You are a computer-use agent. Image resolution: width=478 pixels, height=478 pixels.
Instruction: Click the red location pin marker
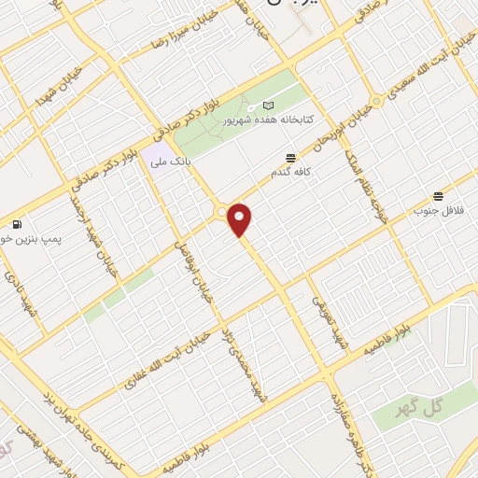(241, 220)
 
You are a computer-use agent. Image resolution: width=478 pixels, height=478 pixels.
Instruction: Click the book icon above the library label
(269, 105)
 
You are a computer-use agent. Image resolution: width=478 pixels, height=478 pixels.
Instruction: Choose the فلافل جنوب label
(440, 211)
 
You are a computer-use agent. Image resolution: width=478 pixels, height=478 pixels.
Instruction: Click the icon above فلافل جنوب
(438, 195)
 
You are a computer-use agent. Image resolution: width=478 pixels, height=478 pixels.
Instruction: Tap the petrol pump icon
(17, 224)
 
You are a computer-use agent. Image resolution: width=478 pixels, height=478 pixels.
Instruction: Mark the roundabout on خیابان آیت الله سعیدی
(376, 100)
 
